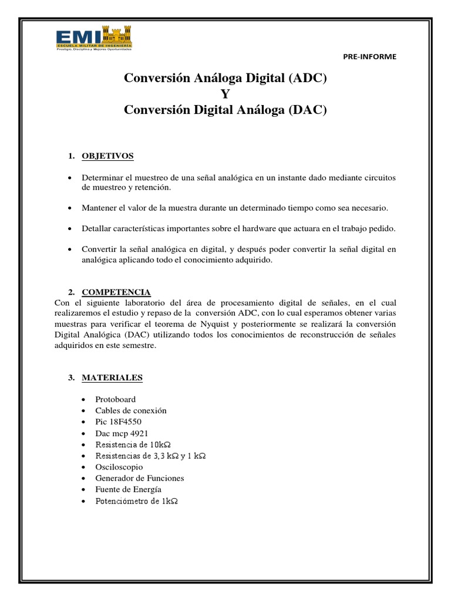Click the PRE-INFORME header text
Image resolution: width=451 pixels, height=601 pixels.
point(369,57)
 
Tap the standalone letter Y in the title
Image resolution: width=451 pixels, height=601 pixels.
point(225,94)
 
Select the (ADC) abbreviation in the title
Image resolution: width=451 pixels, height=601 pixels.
point(307,79)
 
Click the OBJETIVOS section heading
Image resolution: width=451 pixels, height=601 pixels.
point(107,156)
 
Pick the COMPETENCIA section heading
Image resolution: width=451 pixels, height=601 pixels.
point(116,292)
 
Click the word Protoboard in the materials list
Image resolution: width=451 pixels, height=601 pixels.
point(116,399)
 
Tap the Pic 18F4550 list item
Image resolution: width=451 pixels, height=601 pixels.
point(118,421)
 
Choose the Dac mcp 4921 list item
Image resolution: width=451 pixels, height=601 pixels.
point(122,433)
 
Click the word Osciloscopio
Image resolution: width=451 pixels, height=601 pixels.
point(119,467)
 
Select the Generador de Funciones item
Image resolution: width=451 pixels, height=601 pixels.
point(139,478)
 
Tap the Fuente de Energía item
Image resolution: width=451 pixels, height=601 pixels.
point(128,489)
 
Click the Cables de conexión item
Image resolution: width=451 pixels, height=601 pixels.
point(131,410)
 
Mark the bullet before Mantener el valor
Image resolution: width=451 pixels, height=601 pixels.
point(70,208)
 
